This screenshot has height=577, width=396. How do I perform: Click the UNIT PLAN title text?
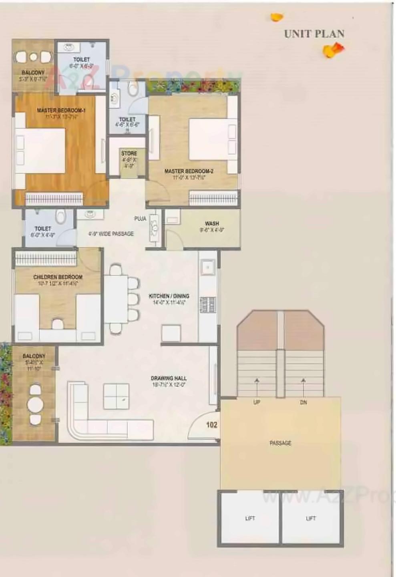(x=314, y=34)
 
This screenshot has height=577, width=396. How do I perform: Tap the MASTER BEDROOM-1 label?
(x=61, y=110)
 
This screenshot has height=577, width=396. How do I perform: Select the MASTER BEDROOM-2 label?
(x=189, y=171)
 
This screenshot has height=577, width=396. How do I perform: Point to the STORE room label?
(x=129, y=153)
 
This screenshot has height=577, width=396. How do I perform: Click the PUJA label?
(x=140, y=219)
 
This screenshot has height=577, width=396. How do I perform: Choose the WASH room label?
(x=212, y=223)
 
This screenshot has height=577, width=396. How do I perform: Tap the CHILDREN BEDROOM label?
(x=58, y=277)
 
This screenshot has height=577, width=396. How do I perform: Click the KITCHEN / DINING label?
(x=169, y=296)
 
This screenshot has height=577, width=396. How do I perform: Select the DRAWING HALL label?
(x=169, y=378)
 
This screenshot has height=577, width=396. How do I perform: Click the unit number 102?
(x=211, y=425)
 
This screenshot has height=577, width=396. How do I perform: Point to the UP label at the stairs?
(x=257, y=402)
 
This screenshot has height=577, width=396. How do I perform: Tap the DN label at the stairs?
(x=303, y=402)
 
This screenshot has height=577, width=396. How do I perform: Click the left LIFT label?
(x=250, y=518)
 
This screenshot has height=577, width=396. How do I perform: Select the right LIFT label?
(x=311, y=518)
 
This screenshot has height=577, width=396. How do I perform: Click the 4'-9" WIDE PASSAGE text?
(x=111, y=233)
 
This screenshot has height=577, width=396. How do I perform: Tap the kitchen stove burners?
(x=207, y=305)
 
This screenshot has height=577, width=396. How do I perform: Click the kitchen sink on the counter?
(x=208, y=267)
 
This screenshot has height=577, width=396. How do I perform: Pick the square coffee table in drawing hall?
(x=116, y=396)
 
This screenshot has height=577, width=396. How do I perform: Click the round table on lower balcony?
(x=35, y=404)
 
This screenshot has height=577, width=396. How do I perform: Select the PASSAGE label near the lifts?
(x=280, y=443)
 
